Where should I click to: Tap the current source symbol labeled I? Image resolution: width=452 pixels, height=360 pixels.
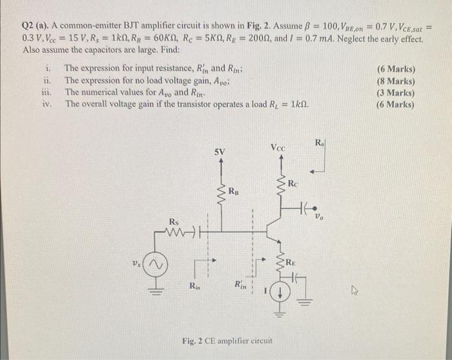point(280,293)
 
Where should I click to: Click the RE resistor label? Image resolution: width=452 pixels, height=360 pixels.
point(292,262)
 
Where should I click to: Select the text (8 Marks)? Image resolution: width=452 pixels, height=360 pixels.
point(396,81)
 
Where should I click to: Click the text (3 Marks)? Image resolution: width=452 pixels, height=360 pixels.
point(396,92)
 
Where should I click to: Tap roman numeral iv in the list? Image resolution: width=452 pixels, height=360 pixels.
point(46,103)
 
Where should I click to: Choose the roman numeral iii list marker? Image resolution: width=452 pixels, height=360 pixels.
point(46,92)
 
